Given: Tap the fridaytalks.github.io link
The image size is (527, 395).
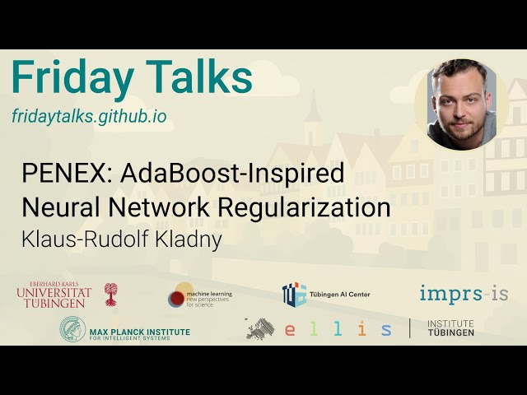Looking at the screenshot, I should [89, 116].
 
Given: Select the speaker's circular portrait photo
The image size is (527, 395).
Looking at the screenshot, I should [461, 105].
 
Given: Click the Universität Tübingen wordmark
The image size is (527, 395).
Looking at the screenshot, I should [54, 294].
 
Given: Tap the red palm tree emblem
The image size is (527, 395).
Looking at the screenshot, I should [110, 294].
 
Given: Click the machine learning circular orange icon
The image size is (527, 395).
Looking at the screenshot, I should [180, 295].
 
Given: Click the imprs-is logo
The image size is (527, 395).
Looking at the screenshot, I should [464, 294].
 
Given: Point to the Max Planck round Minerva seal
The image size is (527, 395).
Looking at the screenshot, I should [72, 330].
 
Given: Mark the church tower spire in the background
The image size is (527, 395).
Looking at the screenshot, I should [312, 111].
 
